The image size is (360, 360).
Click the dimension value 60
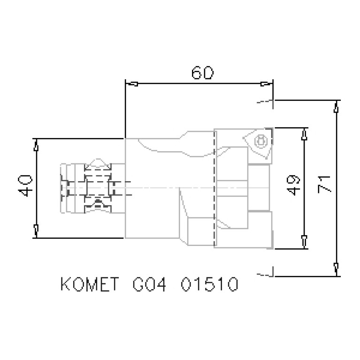(x=203, y=73)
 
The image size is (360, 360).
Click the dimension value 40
(x=26, y=186)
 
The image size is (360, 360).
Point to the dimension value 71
(x=325, y=184)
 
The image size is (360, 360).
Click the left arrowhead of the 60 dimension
(x=133, y=84)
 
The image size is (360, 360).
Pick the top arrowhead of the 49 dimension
(x=304, y=135)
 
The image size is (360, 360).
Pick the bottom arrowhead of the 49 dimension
(x=304, y=241)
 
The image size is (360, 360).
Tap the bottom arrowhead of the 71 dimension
(x=337, y=268)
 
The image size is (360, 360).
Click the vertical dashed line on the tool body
(x=214, y=188)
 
